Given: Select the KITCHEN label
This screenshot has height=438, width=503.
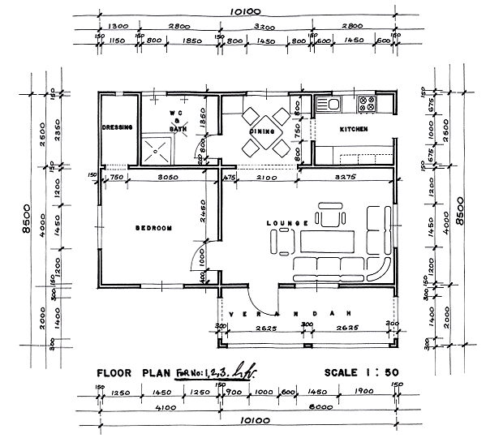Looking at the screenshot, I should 354,129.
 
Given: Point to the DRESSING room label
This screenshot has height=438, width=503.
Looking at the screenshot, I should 118,127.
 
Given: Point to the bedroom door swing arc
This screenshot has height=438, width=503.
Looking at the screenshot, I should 191,260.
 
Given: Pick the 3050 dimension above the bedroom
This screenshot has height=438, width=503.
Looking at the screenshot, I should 167,176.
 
